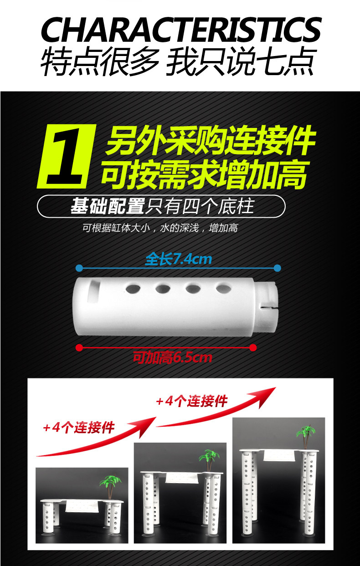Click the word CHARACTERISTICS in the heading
click(x=181, y=30)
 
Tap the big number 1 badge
click(x=66, y=156)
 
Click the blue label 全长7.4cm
click(x=179, y=259)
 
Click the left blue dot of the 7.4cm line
click(x=79, y=268)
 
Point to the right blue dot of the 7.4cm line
click(x=278, y=268)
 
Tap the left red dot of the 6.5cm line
click(x=79, y=348)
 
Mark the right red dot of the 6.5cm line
click(x=253, y=348)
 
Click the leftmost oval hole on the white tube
click(x=133, y=289)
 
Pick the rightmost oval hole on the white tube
click(x=223, y=289)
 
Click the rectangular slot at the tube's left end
click(x=93, y=291)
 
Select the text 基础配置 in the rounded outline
click(x=108, y=206)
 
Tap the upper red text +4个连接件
click(x=192, y=401)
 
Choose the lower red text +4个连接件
click(x=79, y=428)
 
